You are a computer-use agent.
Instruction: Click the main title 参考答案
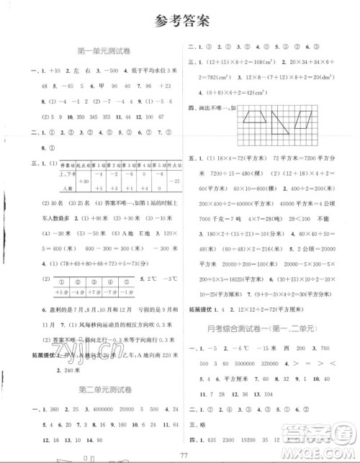tap(180, 19)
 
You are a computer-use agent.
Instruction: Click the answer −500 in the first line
tap(94, 69)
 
